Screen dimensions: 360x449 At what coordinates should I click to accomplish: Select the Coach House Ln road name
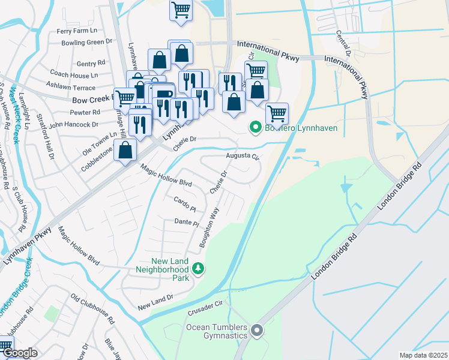click(x=74, y=74)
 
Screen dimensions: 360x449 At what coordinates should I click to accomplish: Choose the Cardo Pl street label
click(x=185, y=204)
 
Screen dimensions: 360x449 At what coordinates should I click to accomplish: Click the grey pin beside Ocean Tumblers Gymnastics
click(x=258, y=331)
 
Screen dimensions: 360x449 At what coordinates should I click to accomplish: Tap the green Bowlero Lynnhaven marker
click(x=255, y=128)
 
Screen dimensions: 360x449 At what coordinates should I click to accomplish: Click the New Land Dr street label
click(x=155, y=302)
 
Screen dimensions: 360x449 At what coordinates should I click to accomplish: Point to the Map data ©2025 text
click(x=423, y=355)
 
